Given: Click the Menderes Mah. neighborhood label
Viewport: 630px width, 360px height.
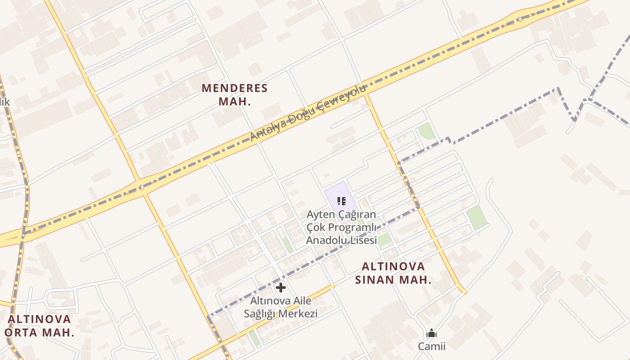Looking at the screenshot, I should (x=234, y=94).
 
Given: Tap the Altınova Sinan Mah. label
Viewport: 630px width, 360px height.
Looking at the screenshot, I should (x=393, y=273).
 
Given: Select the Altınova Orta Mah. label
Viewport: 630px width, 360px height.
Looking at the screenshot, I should (x=40, y=326).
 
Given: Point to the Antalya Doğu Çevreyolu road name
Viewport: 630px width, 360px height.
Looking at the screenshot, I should (x=309, y=112).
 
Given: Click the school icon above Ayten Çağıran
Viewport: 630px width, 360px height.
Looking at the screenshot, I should (x=342, y=201).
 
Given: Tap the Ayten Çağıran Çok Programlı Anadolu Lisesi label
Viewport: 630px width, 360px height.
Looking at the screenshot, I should (x=341, y=227).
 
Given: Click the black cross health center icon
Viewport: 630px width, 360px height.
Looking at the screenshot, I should (x=281, y=288).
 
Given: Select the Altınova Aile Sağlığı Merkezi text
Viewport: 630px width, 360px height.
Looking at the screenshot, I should (x=281, y=307).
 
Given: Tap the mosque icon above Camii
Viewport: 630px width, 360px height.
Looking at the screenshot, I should (x=432, y=333).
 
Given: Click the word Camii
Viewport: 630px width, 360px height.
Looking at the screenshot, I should (x=432, y=346).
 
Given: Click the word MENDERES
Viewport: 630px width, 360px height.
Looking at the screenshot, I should (x=234, y=88).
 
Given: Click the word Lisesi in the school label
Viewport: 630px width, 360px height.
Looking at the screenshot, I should (x=362, y=240).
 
